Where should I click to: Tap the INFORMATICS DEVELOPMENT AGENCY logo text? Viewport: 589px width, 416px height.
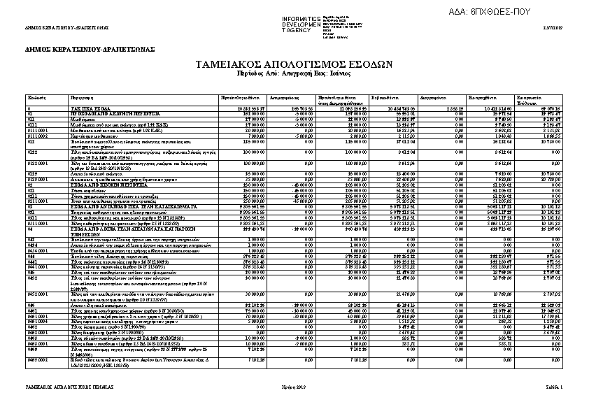(300, 24)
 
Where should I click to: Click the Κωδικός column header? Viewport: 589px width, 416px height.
(36, 96)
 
